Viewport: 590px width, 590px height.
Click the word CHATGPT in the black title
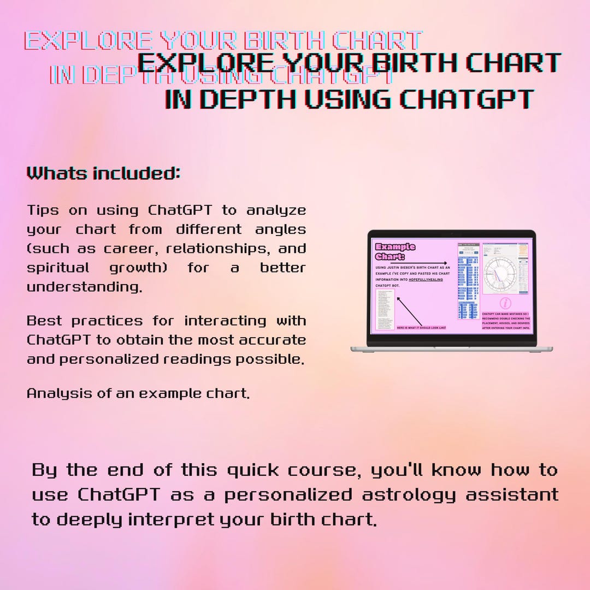coord(466,99)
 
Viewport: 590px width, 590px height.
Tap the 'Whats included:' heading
coord(103,174)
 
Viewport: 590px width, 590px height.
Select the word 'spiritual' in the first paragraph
coord(58,268)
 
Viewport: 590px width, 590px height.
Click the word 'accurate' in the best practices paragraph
coord(273,340)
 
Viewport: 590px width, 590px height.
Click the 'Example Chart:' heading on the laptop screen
coord(395,251)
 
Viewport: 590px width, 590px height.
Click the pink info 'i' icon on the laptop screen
coord(506,303)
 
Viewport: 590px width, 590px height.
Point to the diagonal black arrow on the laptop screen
coord(409,311)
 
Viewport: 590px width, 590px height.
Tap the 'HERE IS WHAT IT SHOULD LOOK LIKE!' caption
coord(421,328)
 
